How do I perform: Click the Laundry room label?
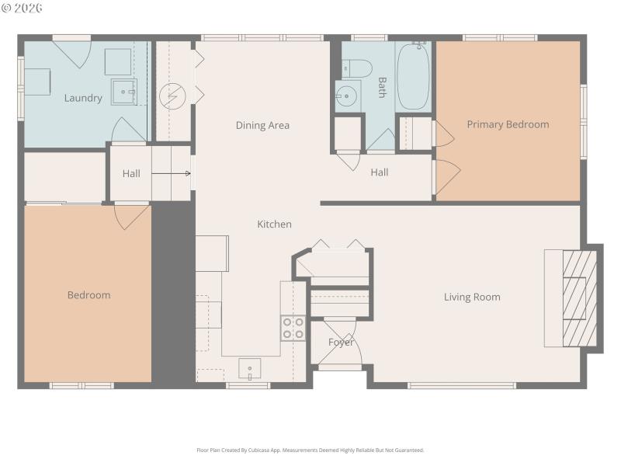click(83, 99)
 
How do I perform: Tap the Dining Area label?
click(262, 125)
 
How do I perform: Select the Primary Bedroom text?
click(508, 124)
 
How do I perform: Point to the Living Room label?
click(472, 297)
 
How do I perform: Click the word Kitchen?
click(275, 224)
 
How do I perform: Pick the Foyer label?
click(341, 343)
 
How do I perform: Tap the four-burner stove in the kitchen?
click(293, 328)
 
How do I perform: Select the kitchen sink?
click(249, 369)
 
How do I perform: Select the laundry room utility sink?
click(123, 92)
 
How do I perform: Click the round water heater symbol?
click(171, 96)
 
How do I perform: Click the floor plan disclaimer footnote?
click(310, 450)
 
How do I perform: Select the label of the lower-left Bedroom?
click(88, 295)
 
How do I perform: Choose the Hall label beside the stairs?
click(131, 173)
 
